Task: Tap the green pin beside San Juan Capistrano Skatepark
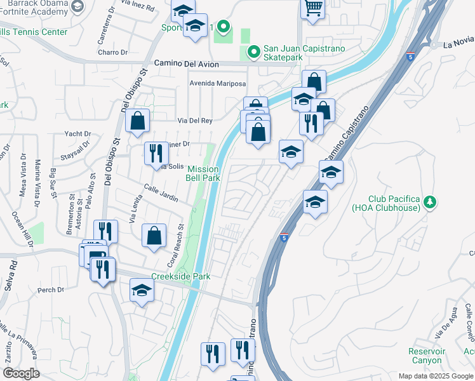click(253, 50)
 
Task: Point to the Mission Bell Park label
click(203, 174)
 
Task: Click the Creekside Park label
click(180, 276)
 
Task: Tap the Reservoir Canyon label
click(425, 356)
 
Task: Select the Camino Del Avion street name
click(187, 65)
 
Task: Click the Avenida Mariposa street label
click(217, 84)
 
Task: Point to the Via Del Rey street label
click(195, 120)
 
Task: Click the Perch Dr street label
click(51, 290)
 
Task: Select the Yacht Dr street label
click(78, 134)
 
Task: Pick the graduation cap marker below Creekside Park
click(142, 291)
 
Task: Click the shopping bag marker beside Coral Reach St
click(154, 236)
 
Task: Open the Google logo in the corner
click(21, 373)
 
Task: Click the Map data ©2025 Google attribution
click(435, 376)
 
